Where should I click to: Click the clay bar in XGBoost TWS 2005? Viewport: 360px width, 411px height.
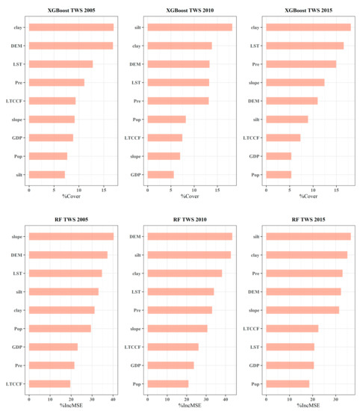[x=71, y=28]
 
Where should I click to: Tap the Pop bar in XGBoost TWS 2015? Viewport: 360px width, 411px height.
[x=278, y=175]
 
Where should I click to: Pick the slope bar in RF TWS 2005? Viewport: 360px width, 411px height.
[x=71, y=237]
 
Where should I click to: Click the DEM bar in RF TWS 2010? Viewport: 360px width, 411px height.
[x=190, y=237]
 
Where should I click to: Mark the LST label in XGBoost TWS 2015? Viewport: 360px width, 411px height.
[x=254, y=46]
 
